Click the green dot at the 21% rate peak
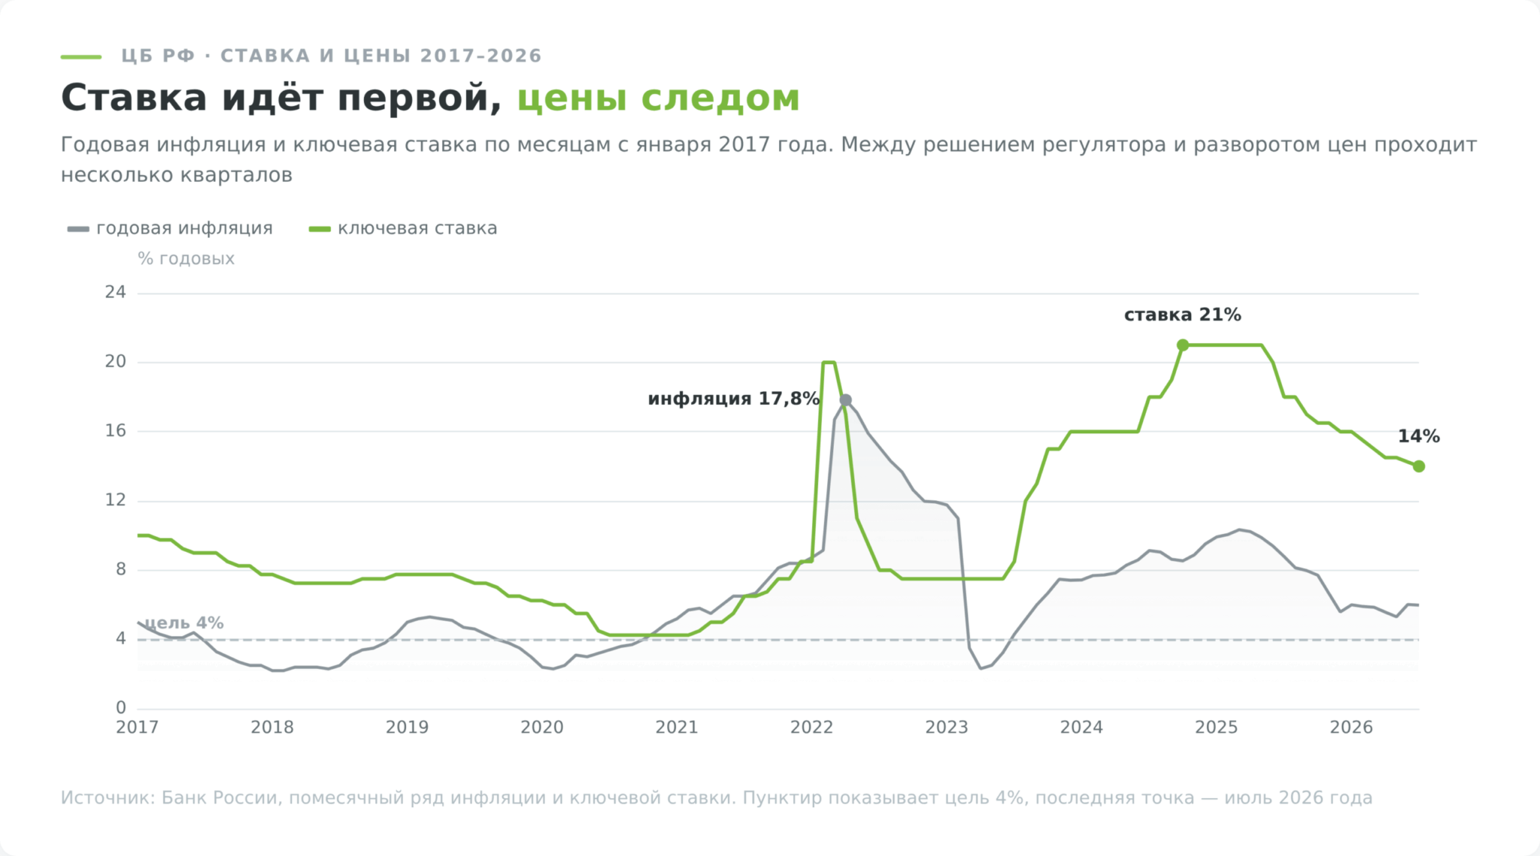tap(1183, 345)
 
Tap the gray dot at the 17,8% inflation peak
tap(845, 400)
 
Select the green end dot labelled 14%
tap(1419, 466)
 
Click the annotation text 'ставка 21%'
tap(1182, 315)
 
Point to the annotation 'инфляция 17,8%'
tap(733, 399)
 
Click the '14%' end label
tap(1419, 436)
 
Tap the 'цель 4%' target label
tap(184, 623)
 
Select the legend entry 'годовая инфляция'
tap(170, 229)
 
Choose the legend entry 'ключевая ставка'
tap(403, 229)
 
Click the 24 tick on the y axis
tap(116, 293)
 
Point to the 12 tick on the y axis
tap(116, 500)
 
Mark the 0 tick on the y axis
tap(121, 708)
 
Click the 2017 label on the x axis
tap(137, 727)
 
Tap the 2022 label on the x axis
tap(811, 727)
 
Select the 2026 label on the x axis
tap(1351, 727)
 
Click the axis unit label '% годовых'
tap(186, 259)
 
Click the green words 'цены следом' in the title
tap(659, 99)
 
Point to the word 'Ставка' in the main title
tap(134, 99)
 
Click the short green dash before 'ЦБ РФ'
tap(81, 56)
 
